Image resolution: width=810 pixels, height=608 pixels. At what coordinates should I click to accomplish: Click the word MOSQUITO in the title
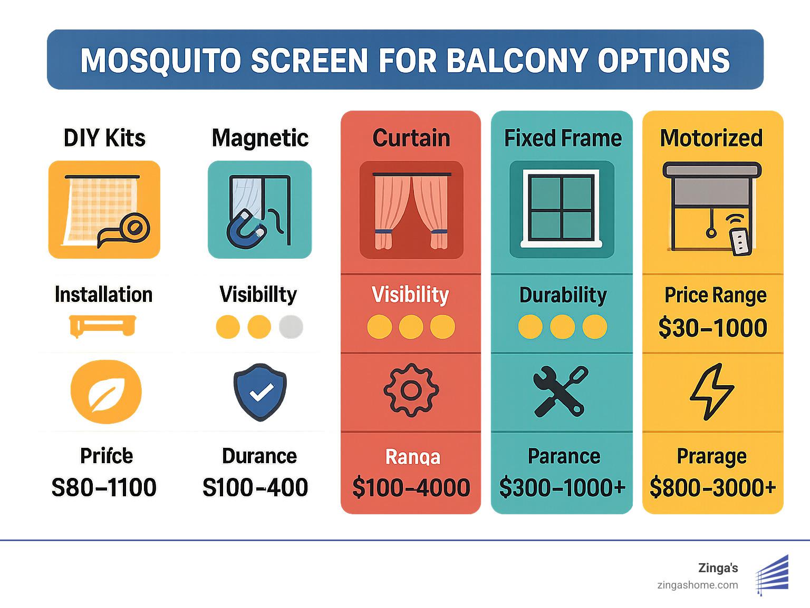160,60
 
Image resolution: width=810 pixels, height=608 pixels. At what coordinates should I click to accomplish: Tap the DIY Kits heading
104,138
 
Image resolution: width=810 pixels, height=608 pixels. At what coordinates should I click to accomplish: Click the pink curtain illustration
411,211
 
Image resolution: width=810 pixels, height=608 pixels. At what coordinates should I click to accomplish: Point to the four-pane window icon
562,209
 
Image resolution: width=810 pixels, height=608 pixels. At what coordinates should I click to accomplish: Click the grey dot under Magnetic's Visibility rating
291,327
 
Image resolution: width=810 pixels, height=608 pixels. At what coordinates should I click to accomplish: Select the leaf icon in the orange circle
106,391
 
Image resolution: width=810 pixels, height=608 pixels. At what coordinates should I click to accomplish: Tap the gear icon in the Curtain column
411,390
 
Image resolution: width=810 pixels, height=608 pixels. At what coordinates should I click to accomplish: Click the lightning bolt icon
712,391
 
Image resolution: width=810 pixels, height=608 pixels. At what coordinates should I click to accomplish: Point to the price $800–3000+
712,487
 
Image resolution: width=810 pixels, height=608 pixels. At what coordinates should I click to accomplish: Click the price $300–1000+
562,487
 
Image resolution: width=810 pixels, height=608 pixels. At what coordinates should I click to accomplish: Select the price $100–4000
411,487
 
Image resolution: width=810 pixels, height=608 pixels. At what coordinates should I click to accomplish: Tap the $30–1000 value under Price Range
712,328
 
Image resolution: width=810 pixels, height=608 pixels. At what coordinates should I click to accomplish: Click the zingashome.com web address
698,585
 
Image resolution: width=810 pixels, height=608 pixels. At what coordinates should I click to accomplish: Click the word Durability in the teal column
563,295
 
